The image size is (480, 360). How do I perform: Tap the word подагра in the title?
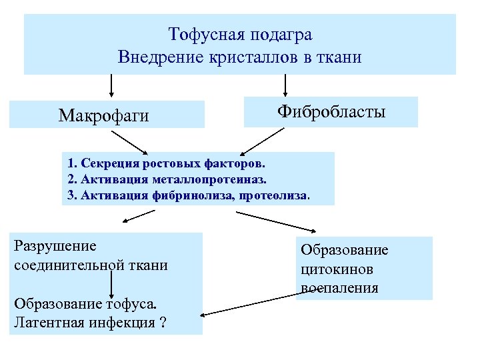coord(281,34)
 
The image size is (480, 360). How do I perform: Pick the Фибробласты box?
coord(331,111)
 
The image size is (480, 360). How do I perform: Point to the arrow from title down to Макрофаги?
coord(111,85)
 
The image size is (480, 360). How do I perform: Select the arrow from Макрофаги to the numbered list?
coord(130,141)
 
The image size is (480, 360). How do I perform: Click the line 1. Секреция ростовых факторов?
coord(166,162)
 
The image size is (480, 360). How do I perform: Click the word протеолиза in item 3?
coord(281,196)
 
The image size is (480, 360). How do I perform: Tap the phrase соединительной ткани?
coord(90,265)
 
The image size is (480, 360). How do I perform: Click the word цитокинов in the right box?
coord(336,269)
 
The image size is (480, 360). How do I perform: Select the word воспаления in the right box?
coord(339,288)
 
